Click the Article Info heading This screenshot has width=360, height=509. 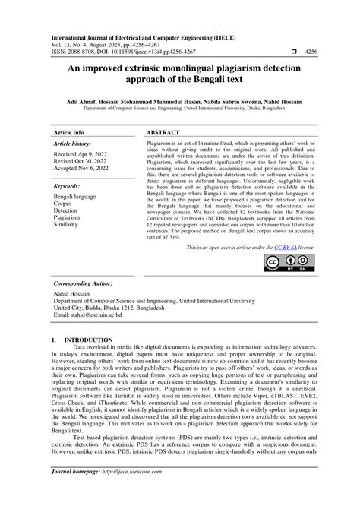[68, 132]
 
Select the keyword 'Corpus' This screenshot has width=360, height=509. [63, 204]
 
